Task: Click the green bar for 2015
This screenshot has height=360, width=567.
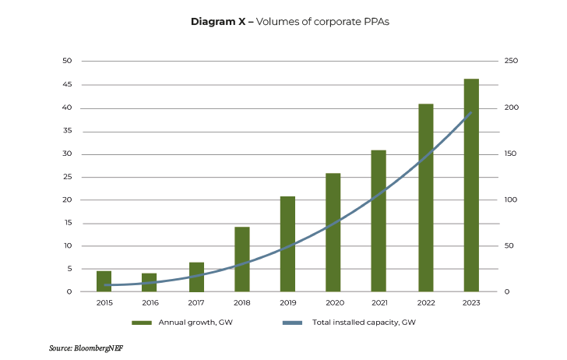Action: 104,281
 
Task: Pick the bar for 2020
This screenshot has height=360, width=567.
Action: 333,232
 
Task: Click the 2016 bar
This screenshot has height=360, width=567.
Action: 150,282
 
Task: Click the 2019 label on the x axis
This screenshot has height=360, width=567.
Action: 287,302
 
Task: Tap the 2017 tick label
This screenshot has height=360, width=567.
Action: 195,302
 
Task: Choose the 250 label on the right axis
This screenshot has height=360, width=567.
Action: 510,61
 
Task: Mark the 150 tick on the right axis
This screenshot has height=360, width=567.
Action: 510,154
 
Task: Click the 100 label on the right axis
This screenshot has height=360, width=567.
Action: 510,199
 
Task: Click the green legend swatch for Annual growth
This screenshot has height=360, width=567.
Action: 141,322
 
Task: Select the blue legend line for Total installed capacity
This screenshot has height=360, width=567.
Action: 291,322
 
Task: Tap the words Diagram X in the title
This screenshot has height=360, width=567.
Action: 218,22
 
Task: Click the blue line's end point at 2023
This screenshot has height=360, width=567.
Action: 471,113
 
